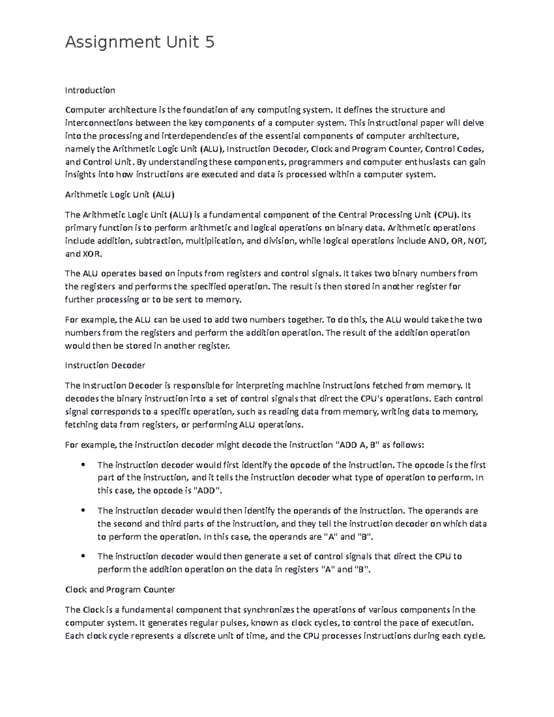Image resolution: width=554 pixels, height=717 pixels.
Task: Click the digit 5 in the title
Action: (x=209, y=42)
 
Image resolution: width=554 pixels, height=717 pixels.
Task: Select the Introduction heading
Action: (x=90, y=90)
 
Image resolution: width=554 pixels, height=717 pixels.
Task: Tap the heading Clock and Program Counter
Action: (x=120, y=590)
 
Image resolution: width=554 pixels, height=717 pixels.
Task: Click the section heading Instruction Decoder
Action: (x=105, y=365)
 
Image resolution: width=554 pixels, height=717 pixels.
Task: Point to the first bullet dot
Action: (x=84, y=464)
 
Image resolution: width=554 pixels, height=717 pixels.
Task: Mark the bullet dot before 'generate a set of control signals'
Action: (x=84, y=556)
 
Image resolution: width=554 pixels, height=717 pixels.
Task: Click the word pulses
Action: (x=228, y=622)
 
